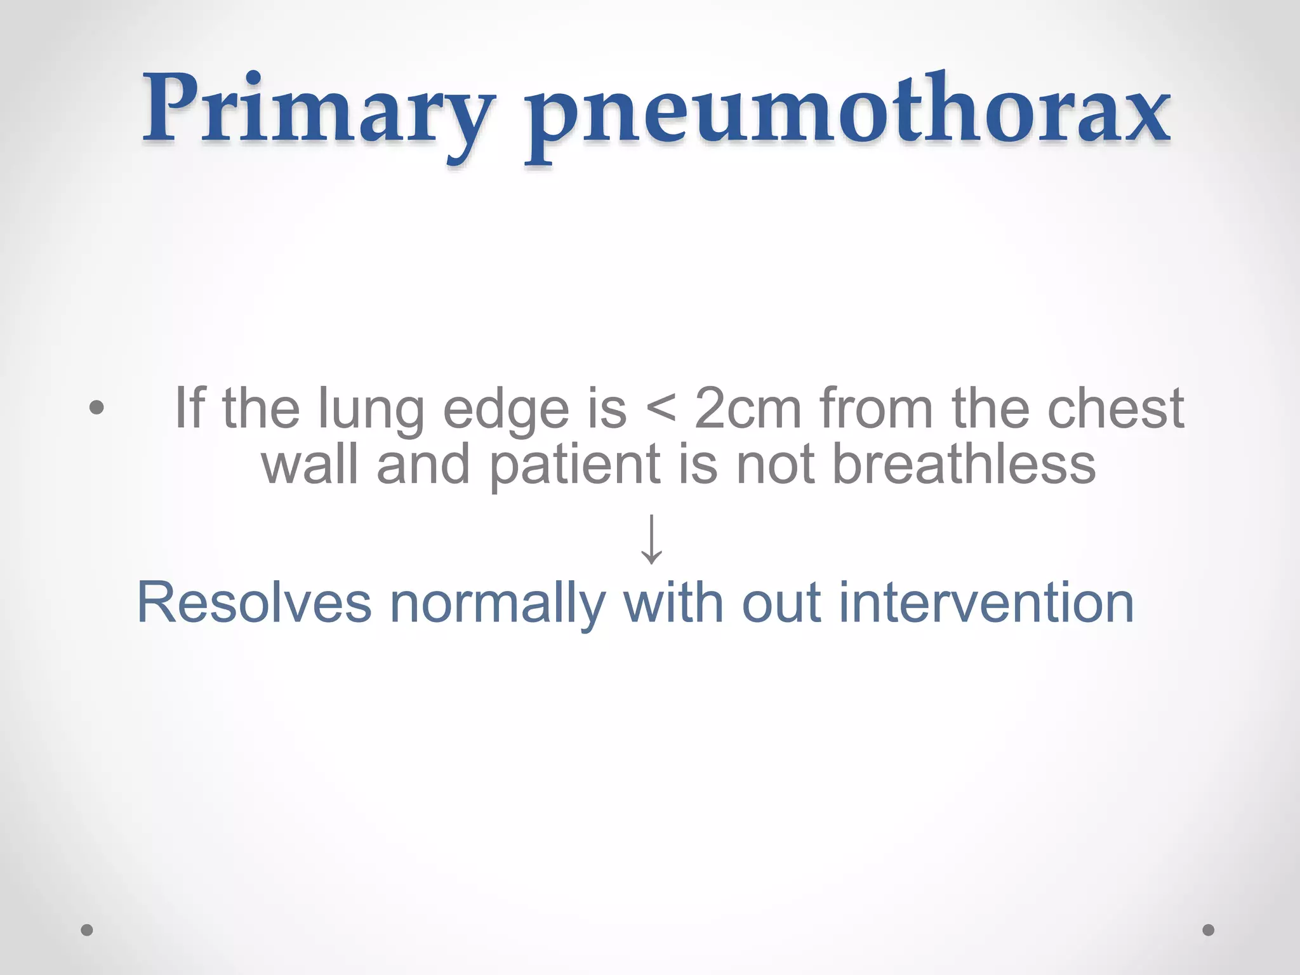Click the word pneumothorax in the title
(848, 114)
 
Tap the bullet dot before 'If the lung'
(96, 407)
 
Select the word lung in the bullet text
(371, 409)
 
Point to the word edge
(506, 409)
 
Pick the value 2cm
(748, 408)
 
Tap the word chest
(1115, 408)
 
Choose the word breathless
(964, 464)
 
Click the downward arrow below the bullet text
(651, 539)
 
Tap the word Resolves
(254, 603)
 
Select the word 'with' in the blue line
(673, 603)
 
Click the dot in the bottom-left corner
(87, 930)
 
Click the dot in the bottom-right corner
(1209, 930)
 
